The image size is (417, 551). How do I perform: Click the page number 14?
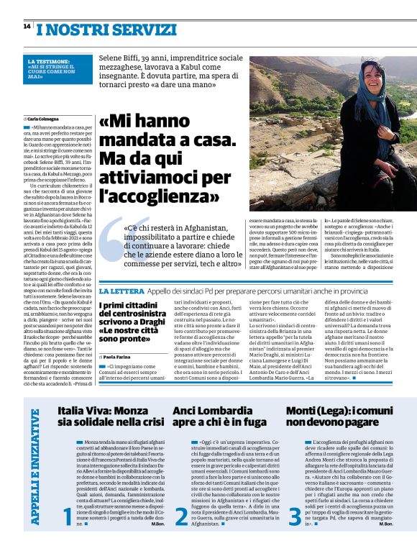pyautogui.click(x=27, y=27)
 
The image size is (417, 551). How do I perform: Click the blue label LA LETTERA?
pyautogui.click(x=120, y=291)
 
